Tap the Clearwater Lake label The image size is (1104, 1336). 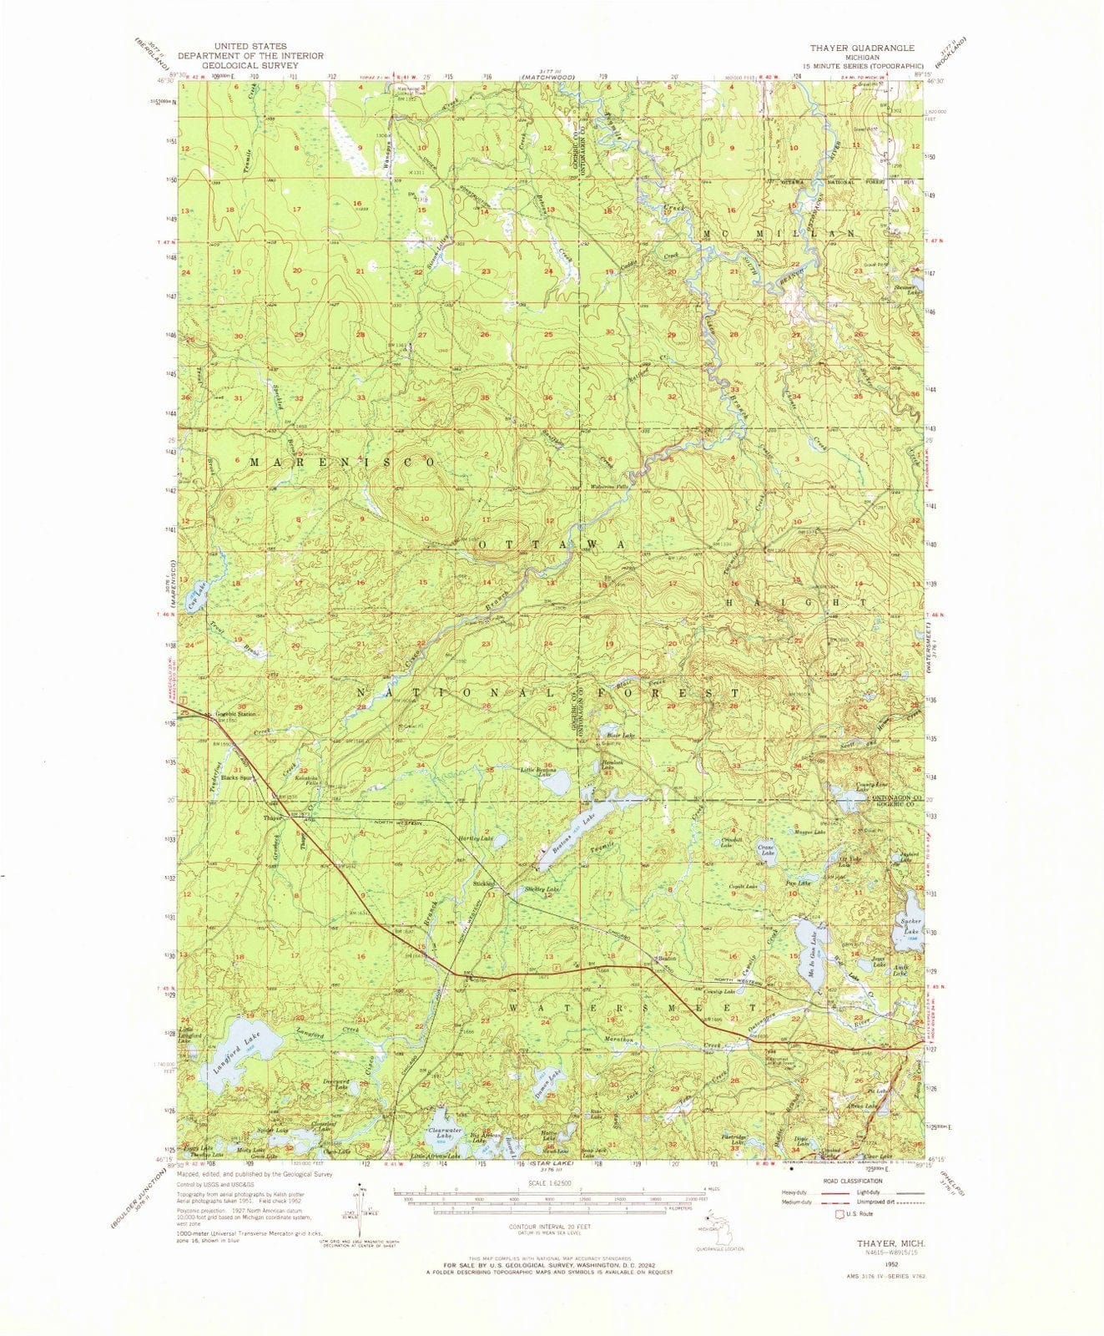[440, 1133]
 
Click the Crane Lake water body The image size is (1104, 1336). [766, 850]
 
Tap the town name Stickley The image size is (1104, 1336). [484, 883]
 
